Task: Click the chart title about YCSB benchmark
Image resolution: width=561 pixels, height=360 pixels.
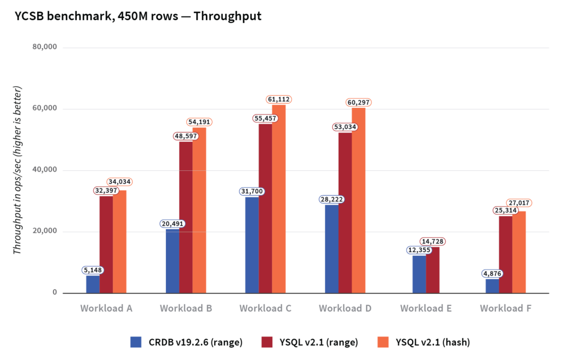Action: (x=138, y=16)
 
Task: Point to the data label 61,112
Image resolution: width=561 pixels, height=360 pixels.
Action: (x=279, y=99)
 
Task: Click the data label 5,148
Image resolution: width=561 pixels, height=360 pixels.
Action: (x=93, y=270)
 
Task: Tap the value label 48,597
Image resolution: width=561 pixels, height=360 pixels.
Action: (x=186, y=136)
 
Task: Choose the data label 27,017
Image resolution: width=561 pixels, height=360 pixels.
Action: (x=519, y=203)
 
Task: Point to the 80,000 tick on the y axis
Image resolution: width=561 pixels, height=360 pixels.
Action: (x=45, y=47)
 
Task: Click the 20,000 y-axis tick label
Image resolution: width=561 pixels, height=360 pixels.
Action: (x=45, y=231)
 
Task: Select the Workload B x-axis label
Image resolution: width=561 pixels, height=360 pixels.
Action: (x=186, y=308)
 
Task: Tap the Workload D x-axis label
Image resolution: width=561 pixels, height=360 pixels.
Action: (x=345, y=308)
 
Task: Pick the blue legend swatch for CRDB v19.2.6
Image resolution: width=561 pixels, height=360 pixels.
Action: (x=136, y=342)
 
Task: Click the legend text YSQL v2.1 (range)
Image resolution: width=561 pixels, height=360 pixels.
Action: (x=319, y=342)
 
